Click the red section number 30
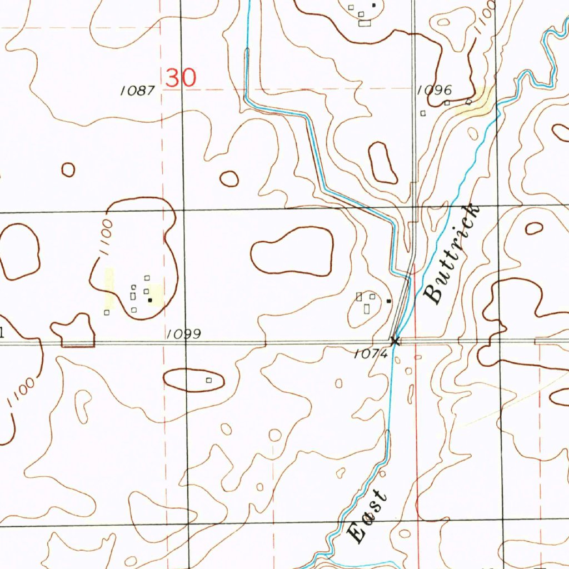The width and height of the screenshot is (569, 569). click(x=181, y=78)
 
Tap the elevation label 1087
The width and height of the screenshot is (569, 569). click(x=138, y=91)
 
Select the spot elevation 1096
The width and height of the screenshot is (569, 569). click(x=435, y=90)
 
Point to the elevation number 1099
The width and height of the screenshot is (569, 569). click(x=184, y=334)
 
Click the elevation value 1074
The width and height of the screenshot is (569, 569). click(x=371, y=353)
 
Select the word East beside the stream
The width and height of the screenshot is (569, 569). click(x=367, y=516)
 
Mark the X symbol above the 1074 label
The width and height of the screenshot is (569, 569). click(x=395, y=341)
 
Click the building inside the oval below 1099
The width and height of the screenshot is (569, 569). click(x=209, y=381)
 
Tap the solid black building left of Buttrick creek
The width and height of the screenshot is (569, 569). click(x=389, y=301)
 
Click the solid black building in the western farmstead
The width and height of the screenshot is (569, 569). click(x=149, y=300)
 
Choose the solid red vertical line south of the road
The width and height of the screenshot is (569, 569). click(x=416, y=422)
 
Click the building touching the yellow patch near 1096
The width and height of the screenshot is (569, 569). click(x=468, y=102)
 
